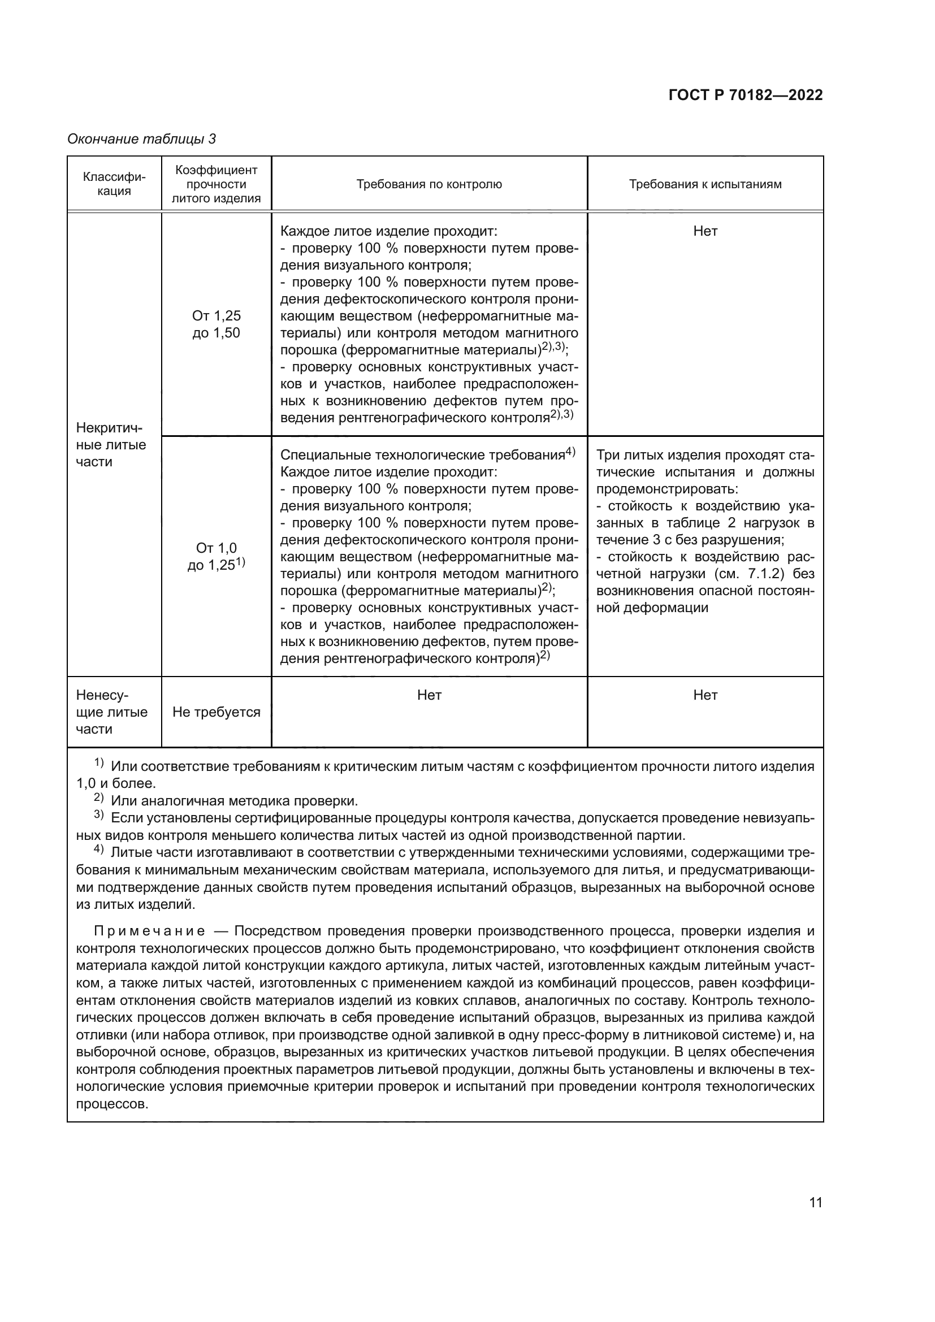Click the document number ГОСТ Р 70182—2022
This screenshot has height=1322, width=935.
745,96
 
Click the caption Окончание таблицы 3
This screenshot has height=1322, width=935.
141,139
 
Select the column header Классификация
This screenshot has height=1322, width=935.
114,184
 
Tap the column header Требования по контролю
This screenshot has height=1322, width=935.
429,184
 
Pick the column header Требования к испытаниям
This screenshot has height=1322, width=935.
705,184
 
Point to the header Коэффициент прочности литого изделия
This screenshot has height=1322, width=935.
216,184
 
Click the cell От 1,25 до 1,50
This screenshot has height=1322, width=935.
216,324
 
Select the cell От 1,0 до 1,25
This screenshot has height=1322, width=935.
216,556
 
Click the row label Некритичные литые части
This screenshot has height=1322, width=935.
111,444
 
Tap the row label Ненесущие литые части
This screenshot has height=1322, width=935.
111,712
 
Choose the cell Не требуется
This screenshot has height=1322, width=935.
216,712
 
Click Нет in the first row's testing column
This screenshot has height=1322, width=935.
705,231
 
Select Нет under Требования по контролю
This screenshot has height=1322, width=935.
429,695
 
